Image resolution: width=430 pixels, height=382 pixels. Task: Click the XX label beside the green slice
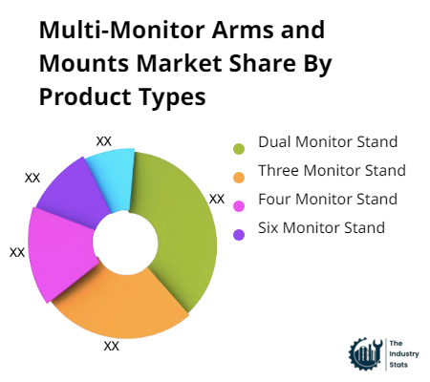[x=217, y=200]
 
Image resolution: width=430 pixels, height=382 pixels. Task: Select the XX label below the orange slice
[x=111, y=346]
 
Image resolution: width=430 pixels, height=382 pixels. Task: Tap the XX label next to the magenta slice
[x=17, y=252]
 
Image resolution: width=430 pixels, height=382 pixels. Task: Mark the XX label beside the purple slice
[x=32, y=178]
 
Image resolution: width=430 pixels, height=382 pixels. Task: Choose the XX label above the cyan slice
[x=104, y=141]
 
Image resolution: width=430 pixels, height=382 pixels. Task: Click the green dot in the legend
[x=239, y=147]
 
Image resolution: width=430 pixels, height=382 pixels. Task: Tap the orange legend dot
[x=239, y=176]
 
